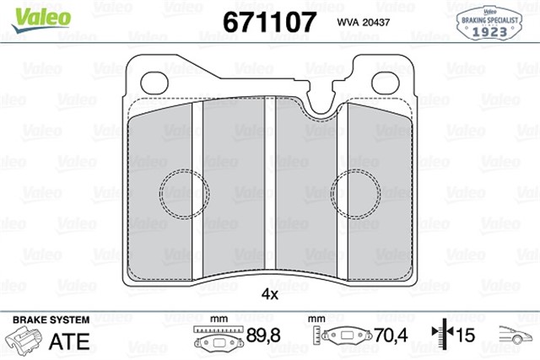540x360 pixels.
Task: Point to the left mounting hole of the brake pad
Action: click(154, 83)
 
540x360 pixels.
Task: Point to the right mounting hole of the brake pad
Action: click(386, 83)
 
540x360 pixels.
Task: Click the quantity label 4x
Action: click(269, 293)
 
